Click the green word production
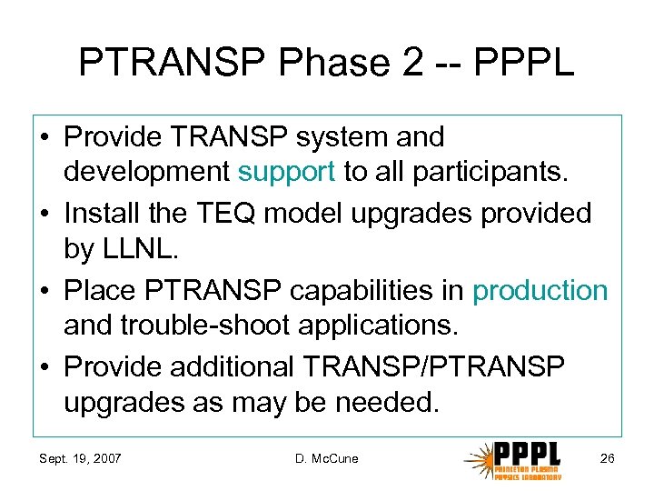540,291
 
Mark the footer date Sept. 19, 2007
82,458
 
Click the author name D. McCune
327,458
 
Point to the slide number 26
607,458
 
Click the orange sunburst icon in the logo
478,459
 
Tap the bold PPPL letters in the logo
528,453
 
